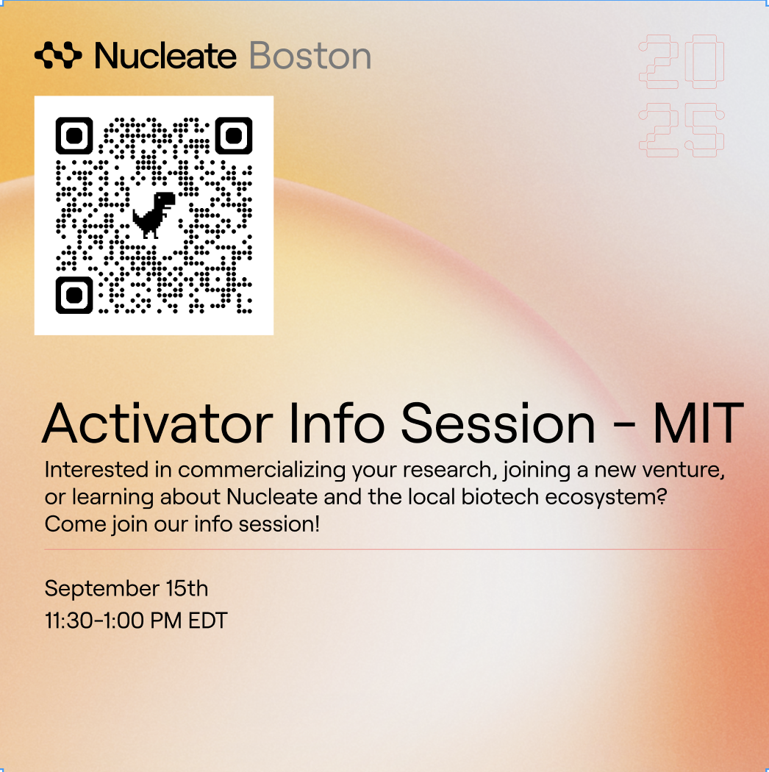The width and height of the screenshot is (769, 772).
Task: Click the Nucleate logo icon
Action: [x=58, y=55]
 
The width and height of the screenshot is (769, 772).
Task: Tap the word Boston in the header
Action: [x=310, y=56]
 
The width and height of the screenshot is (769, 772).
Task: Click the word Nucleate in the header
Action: [x=165, y=56]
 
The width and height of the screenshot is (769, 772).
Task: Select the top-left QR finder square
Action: [x=74, y=135]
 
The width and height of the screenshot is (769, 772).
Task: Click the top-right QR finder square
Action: [x=234, y=135]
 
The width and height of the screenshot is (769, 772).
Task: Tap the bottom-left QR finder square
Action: [x=74, y=296]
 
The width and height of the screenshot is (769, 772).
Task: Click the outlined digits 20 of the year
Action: [x=682, y=62]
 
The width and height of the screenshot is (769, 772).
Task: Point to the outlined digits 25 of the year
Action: [x=682, y=130]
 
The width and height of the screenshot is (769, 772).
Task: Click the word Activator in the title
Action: [x=157, y=423]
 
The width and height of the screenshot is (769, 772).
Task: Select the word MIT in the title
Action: [x=698, y=423]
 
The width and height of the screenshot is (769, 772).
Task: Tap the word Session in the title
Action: [x=498, y=423]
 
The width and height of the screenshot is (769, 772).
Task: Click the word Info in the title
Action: [x=337, y=423]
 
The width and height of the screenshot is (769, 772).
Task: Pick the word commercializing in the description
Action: [x=262, y=471]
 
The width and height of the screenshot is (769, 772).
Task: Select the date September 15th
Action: [x=126, y=588]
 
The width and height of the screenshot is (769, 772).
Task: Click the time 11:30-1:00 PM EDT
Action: [x=136, y=621]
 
